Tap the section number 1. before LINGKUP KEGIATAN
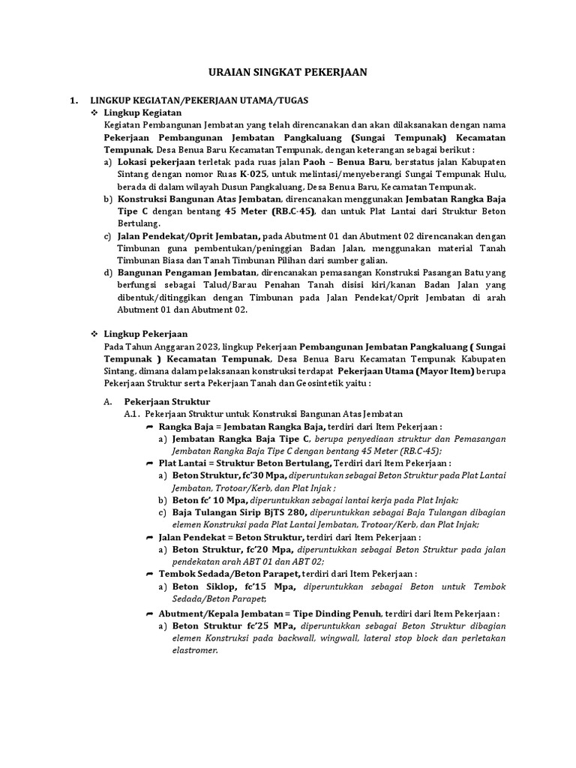73,99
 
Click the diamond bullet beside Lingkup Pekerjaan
94,333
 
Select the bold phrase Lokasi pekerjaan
156,163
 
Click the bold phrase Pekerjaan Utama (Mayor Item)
405,370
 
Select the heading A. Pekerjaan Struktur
167,401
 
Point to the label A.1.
132,413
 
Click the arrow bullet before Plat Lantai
150,464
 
